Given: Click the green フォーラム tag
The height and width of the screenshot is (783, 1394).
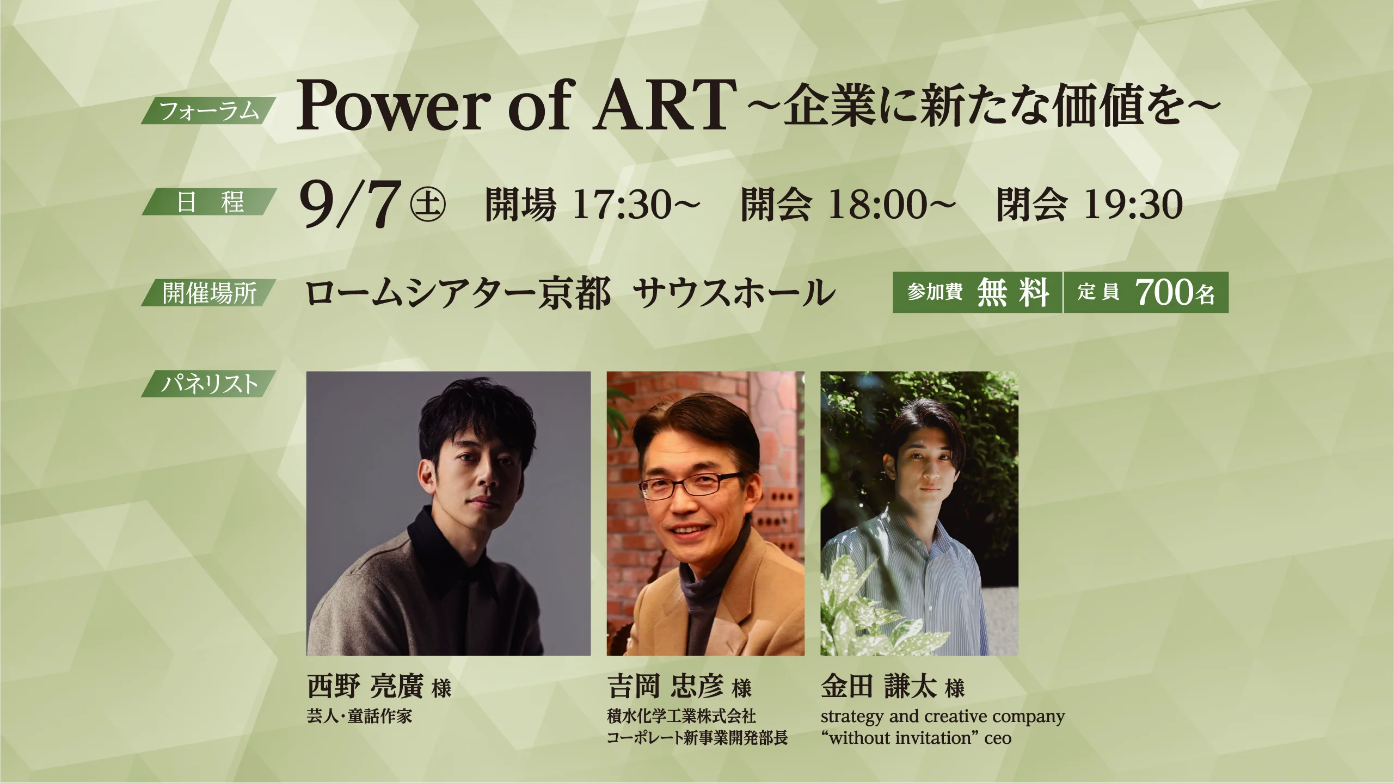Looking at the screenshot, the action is coord(208,110).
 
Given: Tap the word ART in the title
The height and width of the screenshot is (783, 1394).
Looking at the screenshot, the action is coord(665,104).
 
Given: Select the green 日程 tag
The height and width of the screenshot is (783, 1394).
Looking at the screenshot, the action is coord(210,201).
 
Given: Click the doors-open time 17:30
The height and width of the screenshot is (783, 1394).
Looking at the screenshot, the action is coord(622,205).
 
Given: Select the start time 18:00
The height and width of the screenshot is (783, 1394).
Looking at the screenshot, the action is coord(877,205).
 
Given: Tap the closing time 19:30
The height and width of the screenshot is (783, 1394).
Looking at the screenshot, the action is coord(1133,205).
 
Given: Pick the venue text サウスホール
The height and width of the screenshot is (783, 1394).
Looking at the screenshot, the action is coord(734,293).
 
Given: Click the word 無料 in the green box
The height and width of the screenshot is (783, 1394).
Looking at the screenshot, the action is coord(1013,292).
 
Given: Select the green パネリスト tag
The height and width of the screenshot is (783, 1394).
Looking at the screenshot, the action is coord(208,384).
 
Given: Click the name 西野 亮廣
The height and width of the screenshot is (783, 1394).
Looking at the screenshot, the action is coord(365,686).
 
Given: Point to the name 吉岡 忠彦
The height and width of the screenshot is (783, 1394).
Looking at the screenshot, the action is coord(665,686).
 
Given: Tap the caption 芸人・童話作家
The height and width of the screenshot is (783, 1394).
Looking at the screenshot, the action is coord(359,716).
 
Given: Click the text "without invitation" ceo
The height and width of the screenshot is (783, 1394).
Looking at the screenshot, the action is coord(916,738).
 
